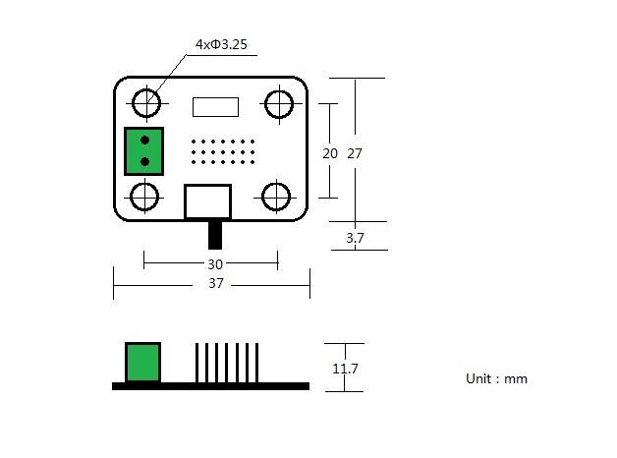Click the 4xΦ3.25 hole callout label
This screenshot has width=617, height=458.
[220, 44]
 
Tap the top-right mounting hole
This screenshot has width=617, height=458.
[279, 102]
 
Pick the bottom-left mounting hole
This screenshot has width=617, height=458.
[145, 196]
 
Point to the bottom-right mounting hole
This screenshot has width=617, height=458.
[278, 196]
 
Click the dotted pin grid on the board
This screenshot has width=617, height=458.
[223, 151]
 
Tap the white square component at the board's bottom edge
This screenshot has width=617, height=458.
[208, 201]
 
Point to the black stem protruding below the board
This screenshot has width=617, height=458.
[215, 234]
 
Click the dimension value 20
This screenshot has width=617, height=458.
[330, 153]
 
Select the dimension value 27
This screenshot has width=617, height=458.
[356, 153]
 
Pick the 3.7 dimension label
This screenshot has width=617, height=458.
[356, 237]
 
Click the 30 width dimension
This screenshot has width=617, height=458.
[214, 263]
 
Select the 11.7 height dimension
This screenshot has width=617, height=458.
[345, 369]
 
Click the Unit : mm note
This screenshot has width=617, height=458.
[496, 378]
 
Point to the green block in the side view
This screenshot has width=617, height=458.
[143, 362]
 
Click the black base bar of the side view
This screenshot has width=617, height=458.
[210, 386]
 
